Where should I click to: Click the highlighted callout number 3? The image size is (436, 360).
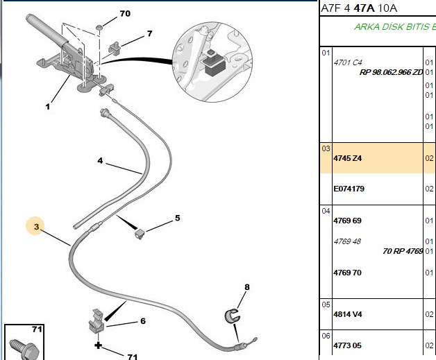click(36, 227)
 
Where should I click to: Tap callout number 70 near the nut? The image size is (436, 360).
click(125, 13)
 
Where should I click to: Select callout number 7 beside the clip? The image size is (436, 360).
click(150, 33)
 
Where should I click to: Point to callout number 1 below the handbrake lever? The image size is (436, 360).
click(48, 107)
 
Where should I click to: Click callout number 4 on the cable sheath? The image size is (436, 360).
click(100, 160)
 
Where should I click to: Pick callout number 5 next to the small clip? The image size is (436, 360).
click(178, 218)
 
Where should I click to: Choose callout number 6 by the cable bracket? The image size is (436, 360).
click(143, 321)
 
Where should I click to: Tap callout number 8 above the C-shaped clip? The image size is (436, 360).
click(247, 287)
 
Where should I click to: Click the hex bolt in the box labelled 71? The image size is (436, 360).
click(24, 350)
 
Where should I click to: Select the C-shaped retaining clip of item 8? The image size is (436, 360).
click(232, 316)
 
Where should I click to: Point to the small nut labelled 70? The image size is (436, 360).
click(99, 27)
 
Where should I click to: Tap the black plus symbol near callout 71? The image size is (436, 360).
click(98, 345)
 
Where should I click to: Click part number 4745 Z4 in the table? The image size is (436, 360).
click(348, 158)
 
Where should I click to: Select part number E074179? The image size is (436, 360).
click(349, 189)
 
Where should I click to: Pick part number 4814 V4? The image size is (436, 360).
click(348, 314)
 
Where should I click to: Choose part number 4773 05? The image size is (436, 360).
click(348, 345)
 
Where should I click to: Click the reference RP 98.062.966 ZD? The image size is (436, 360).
click(392, 72)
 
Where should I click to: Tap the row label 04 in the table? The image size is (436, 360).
click(326, 211)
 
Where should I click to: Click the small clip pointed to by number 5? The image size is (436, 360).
click(140, 234)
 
